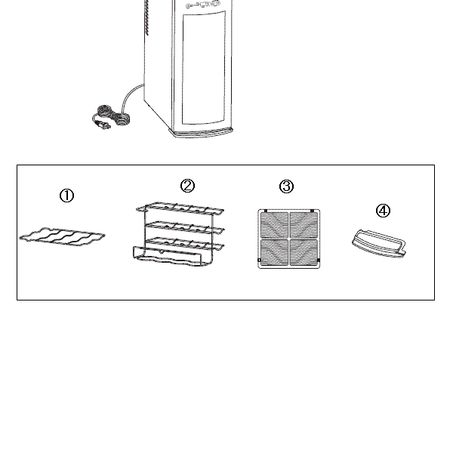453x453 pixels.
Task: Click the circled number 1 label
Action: coord(66,196)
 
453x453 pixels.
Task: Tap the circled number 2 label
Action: coord(188,186)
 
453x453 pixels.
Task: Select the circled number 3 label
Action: coord(286,186)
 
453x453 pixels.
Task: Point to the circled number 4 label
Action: coord(383,210)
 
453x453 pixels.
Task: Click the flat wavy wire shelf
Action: coord(62,239)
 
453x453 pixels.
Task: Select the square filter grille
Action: coord(289,239)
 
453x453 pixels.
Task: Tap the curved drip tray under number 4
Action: coord(379,242)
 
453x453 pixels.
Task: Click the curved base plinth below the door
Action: coord(204,133)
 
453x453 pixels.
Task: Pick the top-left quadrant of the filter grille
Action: coord(274,224)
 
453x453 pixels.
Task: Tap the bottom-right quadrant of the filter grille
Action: coord(304,251)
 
